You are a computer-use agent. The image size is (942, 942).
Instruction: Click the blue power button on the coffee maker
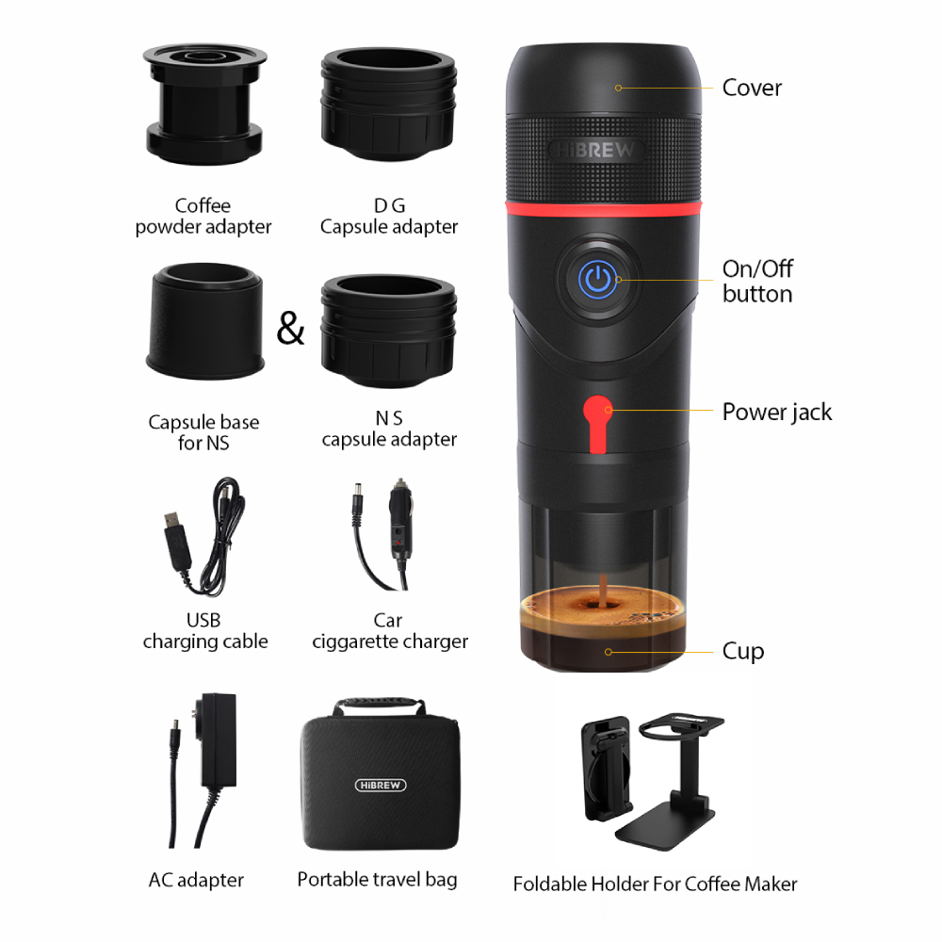[595, 279]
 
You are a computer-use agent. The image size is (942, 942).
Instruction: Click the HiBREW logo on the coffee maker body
[596, 151]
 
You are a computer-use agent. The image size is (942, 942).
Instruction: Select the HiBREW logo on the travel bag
[380, 784]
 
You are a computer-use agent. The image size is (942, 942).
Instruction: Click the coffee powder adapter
[204, 105]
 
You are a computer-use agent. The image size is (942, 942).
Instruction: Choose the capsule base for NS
[204, 323]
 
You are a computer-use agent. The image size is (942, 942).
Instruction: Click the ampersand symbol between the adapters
[291, 330]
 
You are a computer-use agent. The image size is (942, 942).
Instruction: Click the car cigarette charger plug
[401, 532]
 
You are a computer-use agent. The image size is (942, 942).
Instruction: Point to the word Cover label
[752, 88]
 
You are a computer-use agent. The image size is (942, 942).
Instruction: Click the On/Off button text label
[757, 281]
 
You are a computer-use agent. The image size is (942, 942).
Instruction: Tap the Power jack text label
[777, 412]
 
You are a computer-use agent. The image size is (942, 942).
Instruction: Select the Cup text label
[743, 651]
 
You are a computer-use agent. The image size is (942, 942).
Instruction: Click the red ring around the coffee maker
[603, 204]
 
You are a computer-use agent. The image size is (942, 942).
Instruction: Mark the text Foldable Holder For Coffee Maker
[655, 884]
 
